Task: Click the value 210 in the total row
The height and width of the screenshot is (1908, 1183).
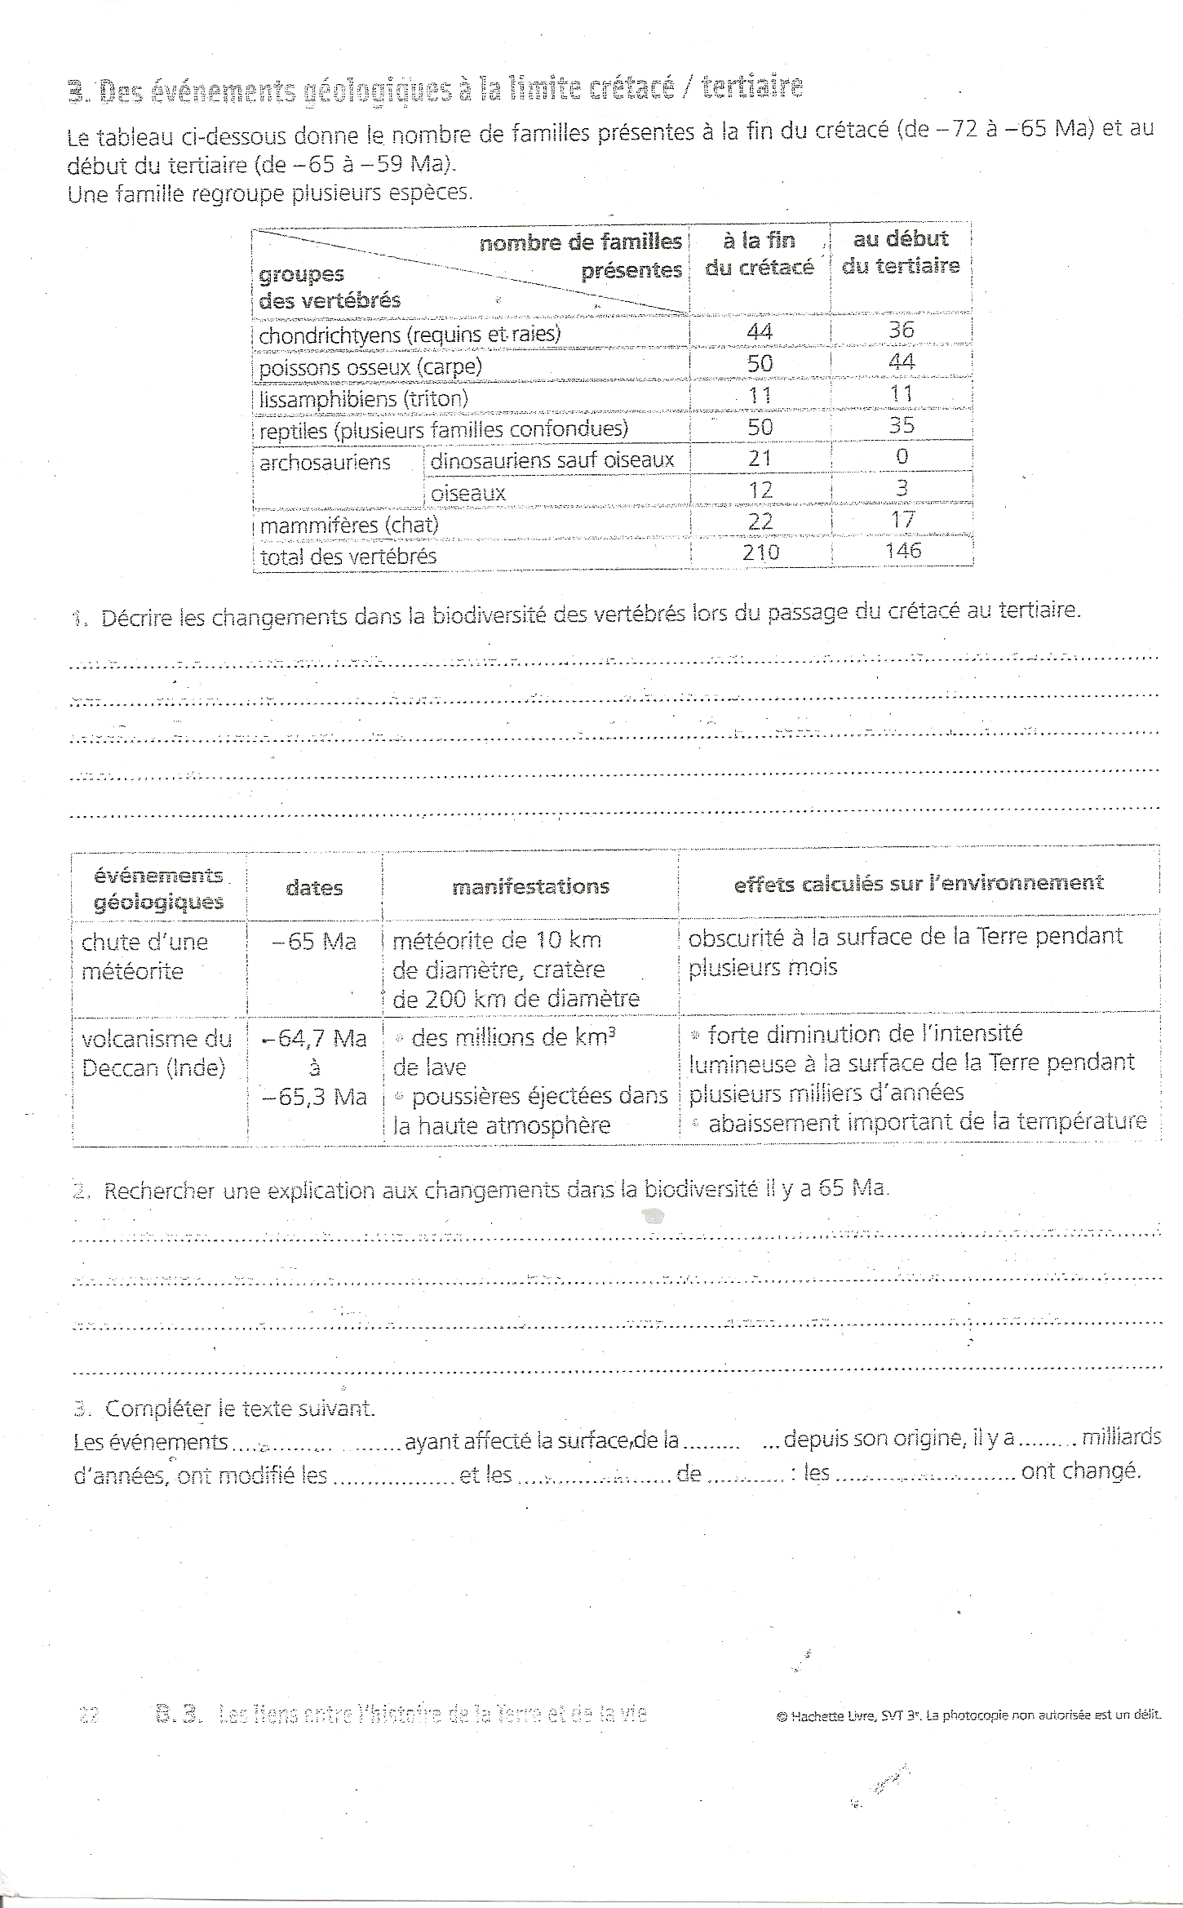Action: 760,552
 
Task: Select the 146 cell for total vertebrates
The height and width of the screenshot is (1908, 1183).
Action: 903,551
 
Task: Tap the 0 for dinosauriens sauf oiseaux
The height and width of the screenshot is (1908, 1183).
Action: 902,456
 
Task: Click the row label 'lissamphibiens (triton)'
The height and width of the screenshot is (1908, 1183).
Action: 364,398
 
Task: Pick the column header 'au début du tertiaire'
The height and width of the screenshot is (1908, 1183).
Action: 901,252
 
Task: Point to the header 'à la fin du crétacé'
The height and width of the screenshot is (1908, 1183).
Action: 759,254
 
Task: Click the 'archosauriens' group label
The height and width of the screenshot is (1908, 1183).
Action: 325,463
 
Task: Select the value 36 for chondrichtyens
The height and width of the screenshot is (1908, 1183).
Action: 902,330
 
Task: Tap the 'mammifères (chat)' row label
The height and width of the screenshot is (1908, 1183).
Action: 349,525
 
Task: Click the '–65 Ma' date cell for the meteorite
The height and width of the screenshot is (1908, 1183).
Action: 315,942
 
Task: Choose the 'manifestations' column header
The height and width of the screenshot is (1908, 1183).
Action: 530,886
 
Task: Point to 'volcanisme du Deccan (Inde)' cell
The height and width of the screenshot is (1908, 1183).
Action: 157,1053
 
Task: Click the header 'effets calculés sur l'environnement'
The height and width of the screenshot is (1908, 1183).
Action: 919,883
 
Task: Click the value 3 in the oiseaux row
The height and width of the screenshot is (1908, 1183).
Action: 902,488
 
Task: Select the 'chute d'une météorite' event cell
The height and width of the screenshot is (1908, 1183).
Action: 144,956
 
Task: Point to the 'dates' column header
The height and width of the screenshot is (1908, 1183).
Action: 314,888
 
